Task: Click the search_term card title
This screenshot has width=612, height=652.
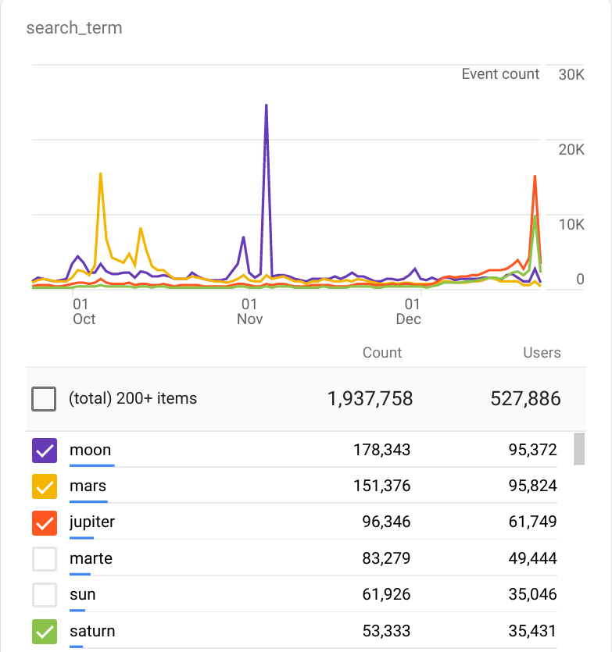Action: pyautogui.click(x=74, y=29)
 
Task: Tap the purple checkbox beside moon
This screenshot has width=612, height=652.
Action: pyautogui.click(x=45, y=451)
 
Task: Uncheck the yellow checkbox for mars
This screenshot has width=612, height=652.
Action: pyautogui.click(x=45, y=486)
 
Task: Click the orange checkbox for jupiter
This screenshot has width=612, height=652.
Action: pyautogui.click(x=45, y=522)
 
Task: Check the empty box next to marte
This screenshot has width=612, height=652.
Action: pyautogui.click(x=45, y=559)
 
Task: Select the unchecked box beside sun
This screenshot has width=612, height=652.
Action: pyautogui.click(x=45, y=595)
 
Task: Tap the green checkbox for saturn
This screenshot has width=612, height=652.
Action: pyautogui.click(x=45, y=631)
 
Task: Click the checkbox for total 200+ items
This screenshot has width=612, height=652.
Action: pyautogui.click(x=45, y=399)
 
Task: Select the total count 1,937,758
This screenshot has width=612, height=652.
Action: pyautogui.click(x=370, y=398)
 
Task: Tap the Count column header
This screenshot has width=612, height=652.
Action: pyautogui.click(x=382, y=353)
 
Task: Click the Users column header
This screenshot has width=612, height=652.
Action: pyautogui.click(x=542, y=353)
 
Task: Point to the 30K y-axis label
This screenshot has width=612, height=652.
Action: pyautogui.click(x=571, y=75)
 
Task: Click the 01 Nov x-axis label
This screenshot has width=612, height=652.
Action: pyautogui.click(x=249, y=311)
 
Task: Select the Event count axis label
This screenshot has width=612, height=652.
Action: pyautogui.click(x=500, y=74)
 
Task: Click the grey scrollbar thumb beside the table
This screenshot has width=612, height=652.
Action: pyautogui.click(x=579, y=449)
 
